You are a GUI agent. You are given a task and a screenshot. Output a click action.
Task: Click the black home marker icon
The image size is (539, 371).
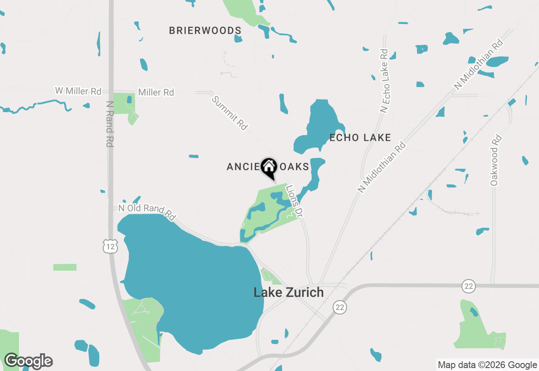pyautogui.click(x=269, y=167)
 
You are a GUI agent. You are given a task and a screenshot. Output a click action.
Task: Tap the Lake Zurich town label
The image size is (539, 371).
pyautogui.click(x=288, y=292)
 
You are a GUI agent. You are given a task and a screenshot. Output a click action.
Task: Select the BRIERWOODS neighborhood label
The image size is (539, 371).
pyautogui.click(x=205, y=30)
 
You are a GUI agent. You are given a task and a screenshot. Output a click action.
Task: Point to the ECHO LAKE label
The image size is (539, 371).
pyautogui.click(x=360, y=137)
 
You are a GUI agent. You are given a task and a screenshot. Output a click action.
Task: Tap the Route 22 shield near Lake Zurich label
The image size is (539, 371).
pyautogui.click(x=340, y=307)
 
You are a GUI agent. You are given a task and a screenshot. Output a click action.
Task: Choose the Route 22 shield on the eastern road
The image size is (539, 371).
pyautogui.click(x=468, y=286)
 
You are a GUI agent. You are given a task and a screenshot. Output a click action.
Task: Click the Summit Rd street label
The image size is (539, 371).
pyautogui.click(x=229, y=113)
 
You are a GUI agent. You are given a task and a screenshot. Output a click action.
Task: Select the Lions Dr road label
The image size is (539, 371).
pyautogui.click(x=295, y=201)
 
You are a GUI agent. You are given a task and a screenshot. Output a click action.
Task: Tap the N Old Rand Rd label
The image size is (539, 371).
pyautogui.click(x=147, y=212)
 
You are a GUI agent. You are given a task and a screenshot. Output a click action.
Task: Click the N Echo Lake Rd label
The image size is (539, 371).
pyautogui.click(x=384, y=81)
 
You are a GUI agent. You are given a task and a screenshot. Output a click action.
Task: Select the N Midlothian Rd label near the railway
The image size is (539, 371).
pyautogui.click(x=382, y=167)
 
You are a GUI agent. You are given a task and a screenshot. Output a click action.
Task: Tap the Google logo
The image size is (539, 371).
pyautogui.click(x=28, y=361)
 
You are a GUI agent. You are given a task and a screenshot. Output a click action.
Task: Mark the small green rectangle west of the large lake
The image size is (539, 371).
pyautogui.click(x=65, y=267)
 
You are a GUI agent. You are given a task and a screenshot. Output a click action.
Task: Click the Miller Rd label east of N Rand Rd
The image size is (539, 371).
pyautogui.click(x=156, y=92)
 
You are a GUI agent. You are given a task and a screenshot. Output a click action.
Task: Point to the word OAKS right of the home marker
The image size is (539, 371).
pyautogui.click(x=293, y=167)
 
